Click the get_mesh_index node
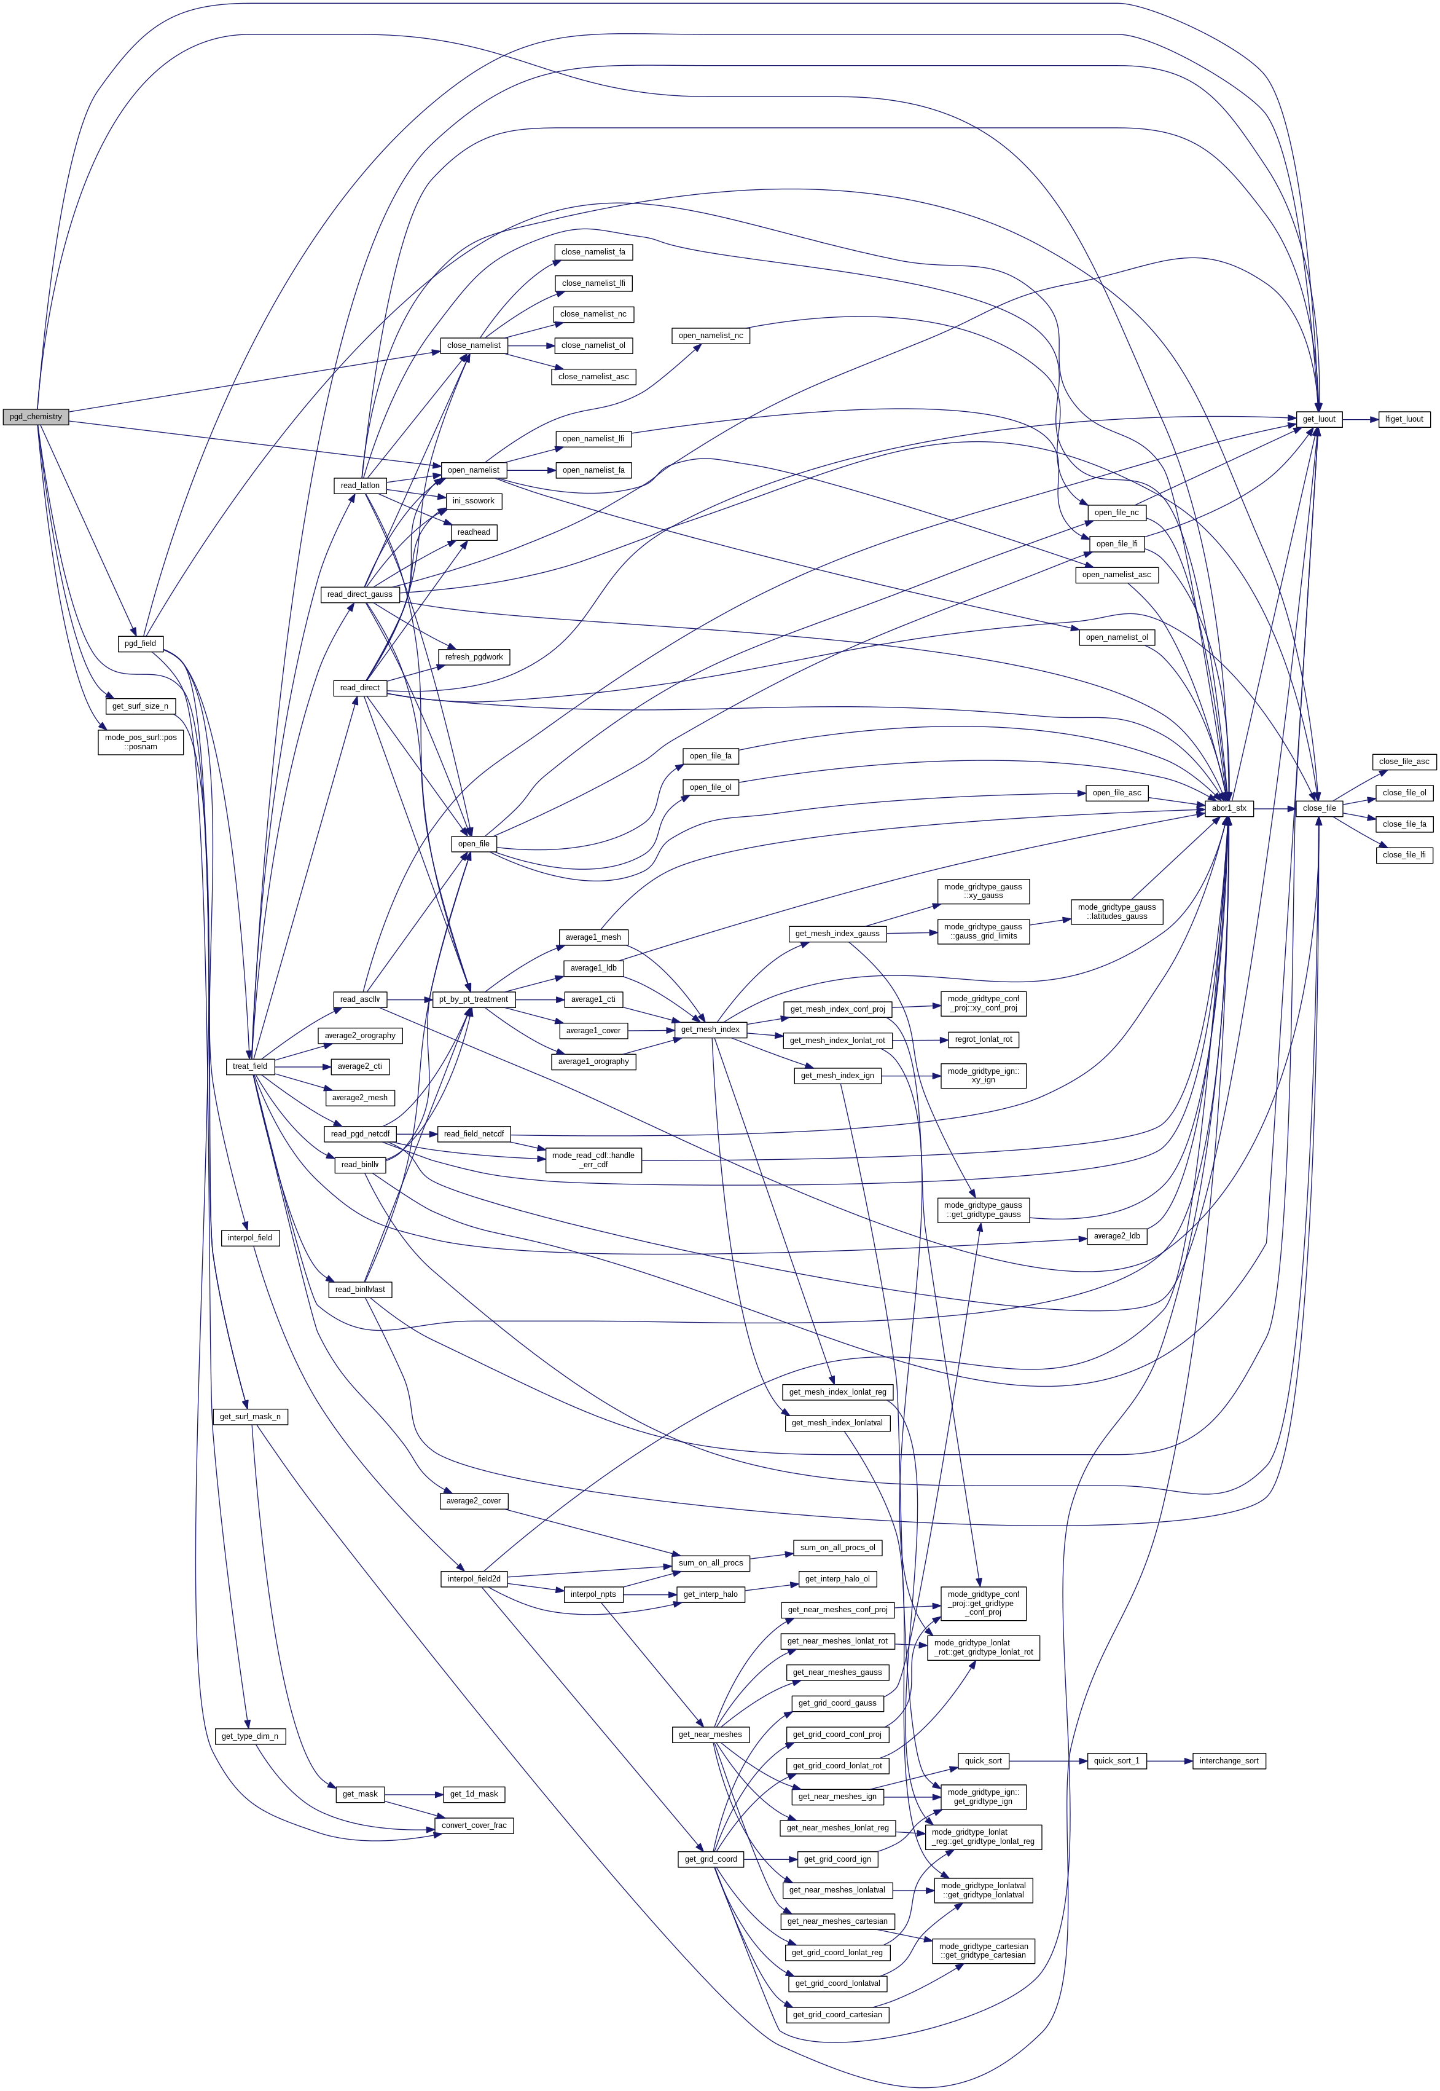click(710, 1029)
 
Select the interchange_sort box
click(1228, 1761)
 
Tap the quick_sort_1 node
click(1116, 1761)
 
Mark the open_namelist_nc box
click(711, 336)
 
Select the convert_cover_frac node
click(474, 1825)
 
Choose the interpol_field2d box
click(474, 1578)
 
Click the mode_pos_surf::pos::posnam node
click(141, 742)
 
